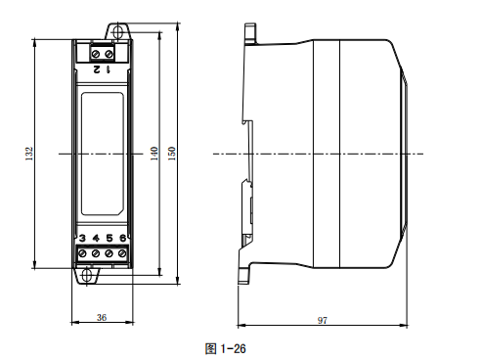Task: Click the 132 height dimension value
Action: pyautogui.click(x=29, y=154)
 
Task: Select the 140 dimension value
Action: pyautogui.click(x=153, y=154)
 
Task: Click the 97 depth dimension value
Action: pyautogui.click(x=322, y=319)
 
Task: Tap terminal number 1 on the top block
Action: pyautogui.click(x=108, y=68)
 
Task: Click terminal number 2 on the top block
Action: pyautogui.click(x=96, y=68)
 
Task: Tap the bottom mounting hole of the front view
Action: pyautogui.click(x=87, y=276)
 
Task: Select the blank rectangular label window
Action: pyautogui.click(x=102, y=154)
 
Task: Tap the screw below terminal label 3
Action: pyautogui.click(x=83, y=254)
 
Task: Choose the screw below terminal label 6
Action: pyautogui.click(x=122, y=254)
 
